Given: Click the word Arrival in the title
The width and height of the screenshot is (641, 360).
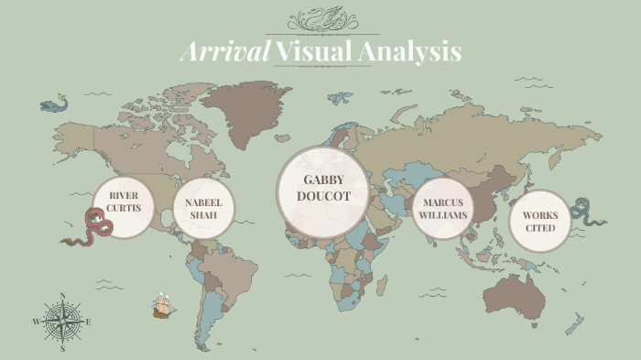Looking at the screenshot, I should [x=225, y=51].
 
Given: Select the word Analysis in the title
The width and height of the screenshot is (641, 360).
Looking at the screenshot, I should [x=408, y=51].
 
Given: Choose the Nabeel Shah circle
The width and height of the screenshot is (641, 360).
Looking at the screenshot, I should [x=203, y=208].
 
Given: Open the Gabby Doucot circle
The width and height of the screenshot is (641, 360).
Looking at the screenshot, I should [x=321, y=187].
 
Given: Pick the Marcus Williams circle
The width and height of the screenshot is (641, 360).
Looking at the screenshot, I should [x=443, y=209].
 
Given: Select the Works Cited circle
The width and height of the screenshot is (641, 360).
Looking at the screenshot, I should [x=539, y=221].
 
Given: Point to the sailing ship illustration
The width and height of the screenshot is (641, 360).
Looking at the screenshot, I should [x=164, y=306].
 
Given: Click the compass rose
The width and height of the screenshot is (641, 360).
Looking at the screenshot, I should [x=62, y=322].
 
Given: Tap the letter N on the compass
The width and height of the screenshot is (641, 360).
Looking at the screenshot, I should [x=62, y=295].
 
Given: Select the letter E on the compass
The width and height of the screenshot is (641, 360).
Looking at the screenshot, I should [x=88, y=322].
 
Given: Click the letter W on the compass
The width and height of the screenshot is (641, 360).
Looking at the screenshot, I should [x=37, y=322].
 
